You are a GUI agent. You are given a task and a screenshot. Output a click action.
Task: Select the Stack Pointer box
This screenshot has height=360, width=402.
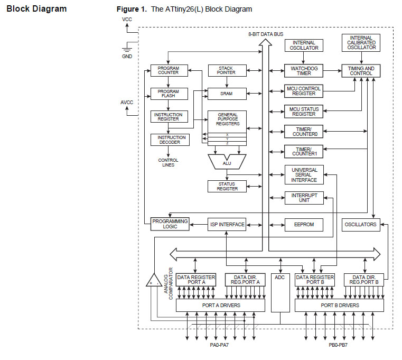227,70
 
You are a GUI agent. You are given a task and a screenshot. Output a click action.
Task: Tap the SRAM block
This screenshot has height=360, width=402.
227,94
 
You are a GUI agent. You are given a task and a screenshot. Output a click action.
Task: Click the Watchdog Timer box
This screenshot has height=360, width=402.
304,70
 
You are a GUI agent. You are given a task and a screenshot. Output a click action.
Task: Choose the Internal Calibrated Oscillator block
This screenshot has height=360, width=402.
362,43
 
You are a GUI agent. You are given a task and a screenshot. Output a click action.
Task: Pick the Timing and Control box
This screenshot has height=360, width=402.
362,70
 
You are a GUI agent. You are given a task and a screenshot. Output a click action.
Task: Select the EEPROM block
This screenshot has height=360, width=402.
304,225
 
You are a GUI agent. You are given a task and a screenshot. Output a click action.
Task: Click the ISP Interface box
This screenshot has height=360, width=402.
227,225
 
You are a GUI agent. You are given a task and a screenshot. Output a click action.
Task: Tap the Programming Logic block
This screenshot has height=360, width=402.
169,224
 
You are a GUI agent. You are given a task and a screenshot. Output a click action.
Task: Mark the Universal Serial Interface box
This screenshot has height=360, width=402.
304,174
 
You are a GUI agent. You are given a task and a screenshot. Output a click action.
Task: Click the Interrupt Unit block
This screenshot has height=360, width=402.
304,198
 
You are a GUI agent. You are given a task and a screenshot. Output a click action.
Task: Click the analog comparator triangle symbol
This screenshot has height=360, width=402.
154,281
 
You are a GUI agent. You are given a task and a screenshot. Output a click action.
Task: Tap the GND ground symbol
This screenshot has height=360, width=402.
127,49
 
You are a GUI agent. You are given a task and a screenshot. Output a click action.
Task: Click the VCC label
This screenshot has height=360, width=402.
127,20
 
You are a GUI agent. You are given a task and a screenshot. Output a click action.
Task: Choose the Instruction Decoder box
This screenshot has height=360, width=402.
169,140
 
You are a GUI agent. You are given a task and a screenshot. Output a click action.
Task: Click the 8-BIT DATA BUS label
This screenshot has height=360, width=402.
266,34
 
